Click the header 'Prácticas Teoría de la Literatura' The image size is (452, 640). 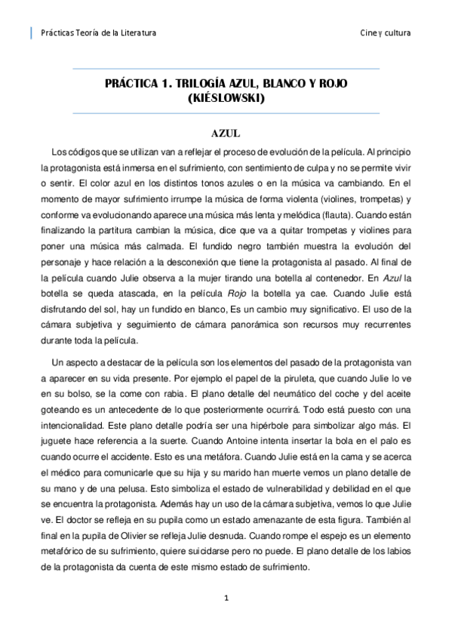(x=97, y=33)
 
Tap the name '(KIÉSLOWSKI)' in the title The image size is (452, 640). (x=226, y=97)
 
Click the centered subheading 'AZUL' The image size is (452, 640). (x=226, y=133)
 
